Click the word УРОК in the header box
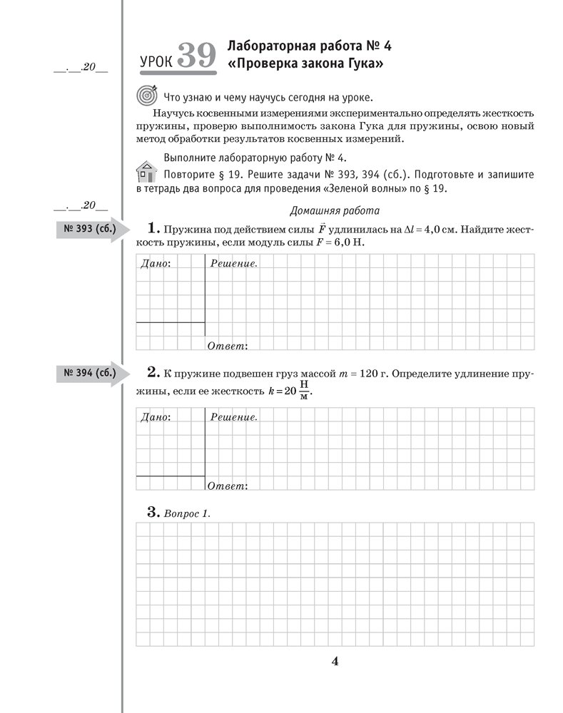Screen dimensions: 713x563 pos(155,61)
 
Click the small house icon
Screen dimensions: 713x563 pos(146,172)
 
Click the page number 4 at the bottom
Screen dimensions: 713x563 pos(335,660)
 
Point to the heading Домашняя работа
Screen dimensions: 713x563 pos(335,210)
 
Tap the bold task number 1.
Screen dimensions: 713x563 pos(151,228)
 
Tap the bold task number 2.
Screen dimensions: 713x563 pos(152,371)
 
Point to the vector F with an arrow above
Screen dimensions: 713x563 pos(322,228)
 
